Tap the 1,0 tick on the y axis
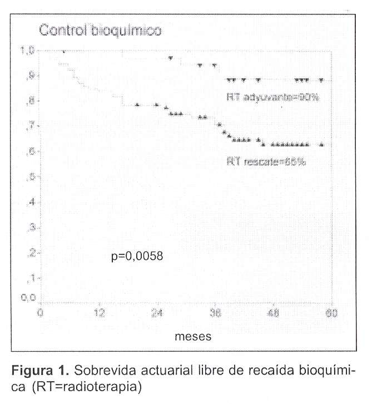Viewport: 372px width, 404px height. click(28, 51)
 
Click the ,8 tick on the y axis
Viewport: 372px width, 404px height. click(31, 101)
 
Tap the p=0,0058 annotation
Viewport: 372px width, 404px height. click(137, 257)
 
